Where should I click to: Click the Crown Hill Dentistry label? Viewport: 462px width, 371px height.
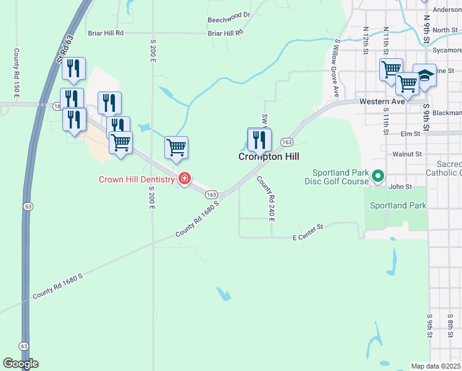coord(137,180)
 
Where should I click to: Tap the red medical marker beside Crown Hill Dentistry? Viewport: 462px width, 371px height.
coord(184,179)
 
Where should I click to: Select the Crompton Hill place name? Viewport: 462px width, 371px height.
coord(269,157)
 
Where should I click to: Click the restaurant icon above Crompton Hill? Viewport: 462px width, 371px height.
coord(259,140)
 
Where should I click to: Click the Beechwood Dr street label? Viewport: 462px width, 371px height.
coord(229,14)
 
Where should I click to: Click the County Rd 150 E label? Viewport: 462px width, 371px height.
coord(17,73)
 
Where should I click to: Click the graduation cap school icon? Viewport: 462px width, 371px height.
coord(424,75)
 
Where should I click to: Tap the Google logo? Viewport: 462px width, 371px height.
coord(20,364)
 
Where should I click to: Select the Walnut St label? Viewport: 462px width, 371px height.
coord(406,153)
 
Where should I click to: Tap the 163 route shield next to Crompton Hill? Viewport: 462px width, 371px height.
coord(286,142)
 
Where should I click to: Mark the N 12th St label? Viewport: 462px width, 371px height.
coord(366,39)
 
